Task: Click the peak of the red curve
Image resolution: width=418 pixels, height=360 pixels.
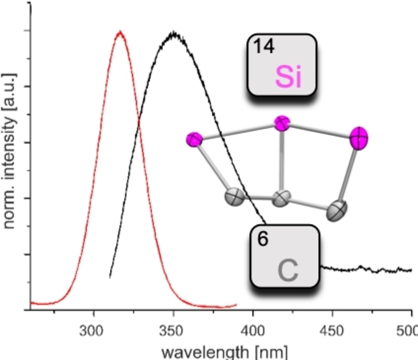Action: coord(120,31)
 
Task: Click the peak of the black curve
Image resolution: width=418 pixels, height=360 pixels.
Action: coord(174,32)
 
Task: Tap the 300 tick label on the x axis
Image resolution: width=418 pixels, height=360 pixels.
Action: coord(92,331)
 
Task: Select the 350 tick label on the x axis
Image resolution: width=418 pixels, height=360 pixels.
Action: coord(171,331)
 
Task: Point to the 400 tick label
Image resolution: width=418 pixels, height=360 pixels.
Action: coord(252,331)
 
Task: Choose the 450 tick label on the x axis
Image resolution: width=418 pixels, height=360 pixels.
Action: coord(331,331)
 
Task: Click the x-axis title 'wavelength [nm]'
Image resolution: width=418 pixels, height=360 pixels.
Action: coord(225,352)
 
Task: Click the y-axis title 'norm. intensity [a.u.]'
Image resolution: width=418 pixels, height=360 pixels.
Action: coord(9,151)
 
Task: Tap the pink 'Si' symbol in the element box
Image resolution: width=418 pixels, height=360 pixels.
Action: coord(289,77)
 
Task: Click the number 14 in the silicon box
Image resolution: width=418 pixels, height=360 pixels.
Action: coord(263,46)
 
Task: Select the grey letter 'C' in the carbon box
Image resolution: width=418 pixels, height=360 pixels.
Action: coord(288,270)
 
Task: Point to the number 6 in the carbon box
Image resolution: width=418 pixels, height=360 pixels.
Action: coord(262,239)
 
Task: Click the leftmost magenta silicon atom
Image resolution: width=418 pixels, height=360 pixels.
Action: coord(194,140)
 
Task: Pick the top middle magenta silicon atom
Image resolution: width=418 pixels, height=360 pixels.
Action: coord(282,123)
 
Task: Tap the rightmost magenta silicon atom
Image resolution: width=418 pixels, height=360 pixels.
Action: coord(359,139)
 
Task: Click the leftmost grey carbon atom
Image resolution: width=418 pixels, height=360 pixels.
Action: coord(234,197)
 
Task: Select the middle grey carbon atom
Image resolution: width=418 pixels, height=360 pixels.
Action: coord(281,198)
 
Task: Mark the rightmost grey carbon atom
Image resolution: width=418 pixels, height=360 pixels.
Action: coord(337,211)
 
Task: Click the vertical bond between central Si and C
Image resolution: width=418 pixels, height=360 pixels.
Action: coord(282,161)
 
